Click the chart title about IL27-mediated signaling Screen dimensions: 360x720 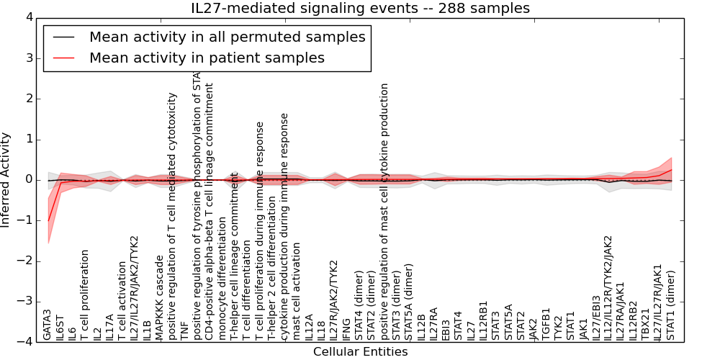(x=360, y=9)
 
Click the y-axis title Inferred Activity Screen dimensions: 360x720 (x=6, y=180)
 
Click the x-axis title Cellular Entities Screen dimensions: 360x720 (x=360, y=352)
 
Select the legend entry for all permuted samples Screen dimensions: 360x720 (x=227, y=37)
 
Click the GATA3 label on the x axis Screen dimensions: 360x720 (x=48, y=325)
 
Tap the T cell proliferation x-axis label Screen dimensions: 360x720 (x=85, y=295)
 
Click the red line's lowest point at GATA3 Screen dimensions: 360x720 (x=49, y=220)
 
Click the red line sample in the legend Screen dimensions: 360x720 (x=63, y=58)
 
